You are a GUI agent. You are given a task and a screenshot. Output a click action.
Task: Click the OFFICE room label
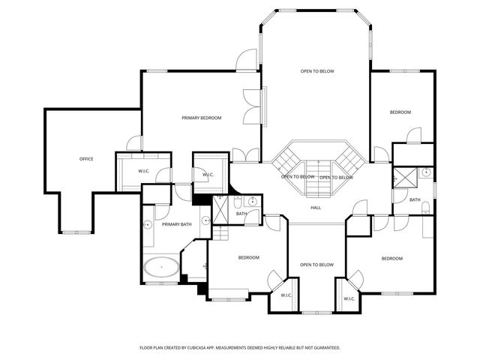86,159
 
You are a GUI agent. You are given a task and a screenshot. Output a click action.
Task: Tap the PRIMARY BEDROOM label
201,118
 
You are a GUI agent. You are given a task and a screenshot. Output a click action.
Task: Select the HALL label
316,208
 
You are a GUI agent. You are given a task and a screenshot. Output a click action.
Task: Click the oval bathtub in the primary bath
161,266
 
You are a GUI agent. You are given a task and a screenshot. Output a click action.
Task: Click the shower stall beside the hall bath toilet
222,206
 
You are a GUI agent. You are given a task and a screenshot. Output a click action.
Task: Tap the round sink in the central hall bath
253,201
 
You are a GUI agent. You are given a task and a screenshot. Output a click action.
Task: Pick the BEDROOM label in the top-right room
400,112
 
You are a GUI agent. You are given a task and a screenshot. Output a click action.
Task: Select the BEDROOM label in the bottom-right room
391,259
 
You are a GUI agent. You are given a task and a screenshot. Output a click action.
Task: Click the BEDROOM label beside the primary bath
249,258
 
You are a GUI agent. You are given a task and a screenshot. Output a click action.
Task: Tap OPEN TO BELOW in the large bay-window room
317,71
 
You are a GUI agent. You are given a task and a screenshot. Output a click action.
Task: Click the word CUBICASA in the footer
217,348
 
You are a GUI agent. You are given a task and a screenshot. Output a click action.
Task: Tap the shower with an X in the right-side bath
408,178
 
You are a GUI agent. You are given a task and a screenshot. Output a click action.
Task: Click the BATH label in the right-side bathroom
415,199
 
